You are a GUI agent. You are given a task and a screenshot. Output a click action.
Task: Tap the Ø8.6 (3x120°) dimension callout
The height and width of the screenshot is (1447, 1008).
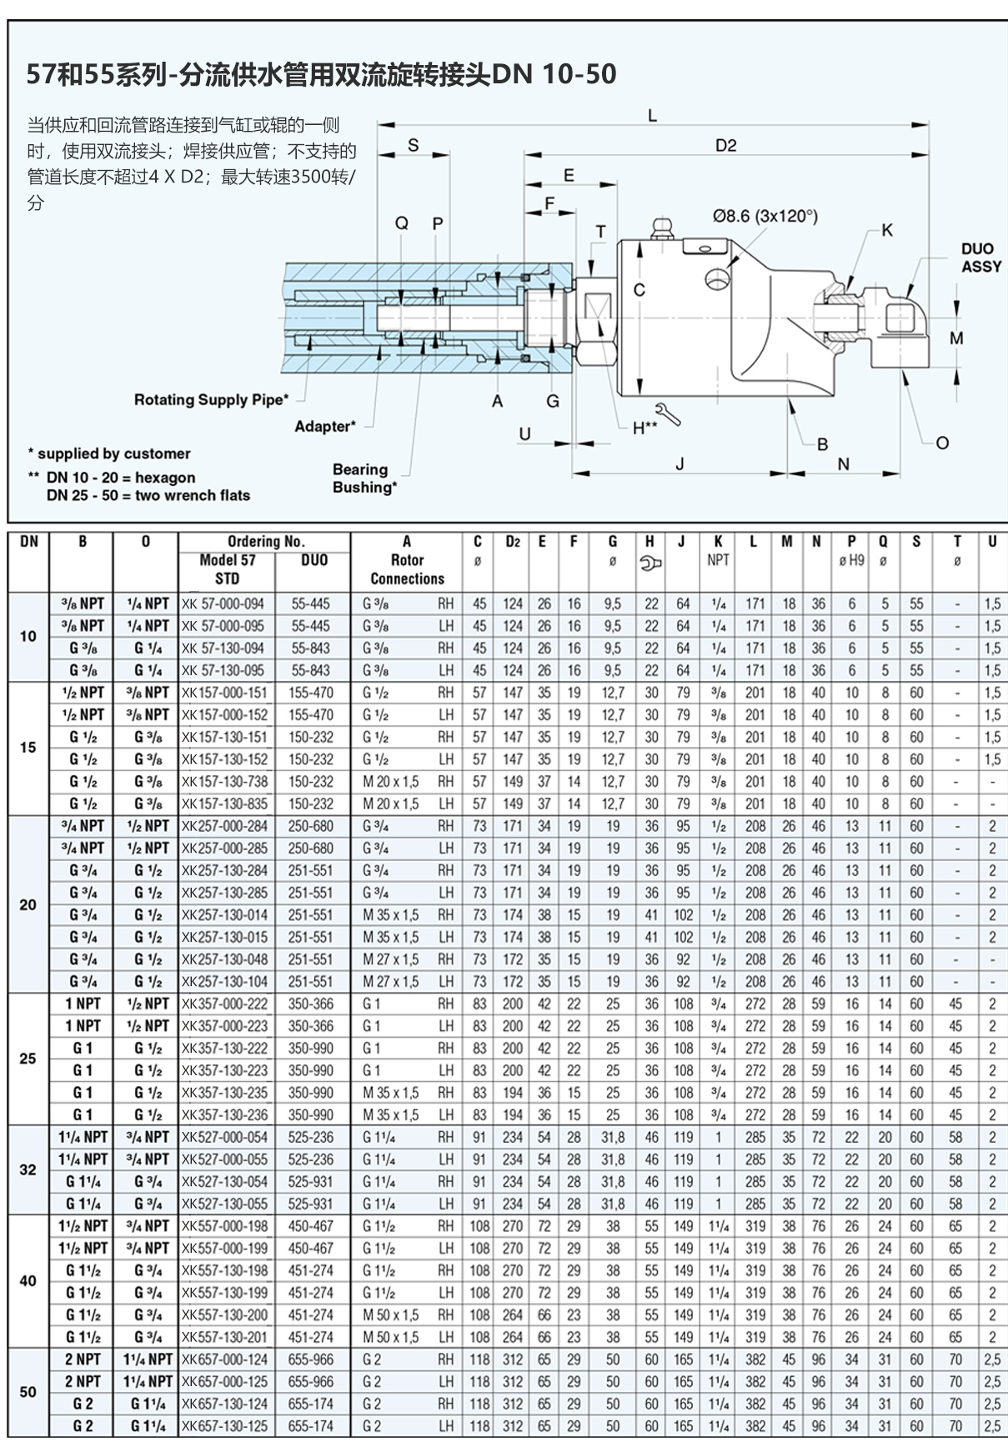tap(765, 216)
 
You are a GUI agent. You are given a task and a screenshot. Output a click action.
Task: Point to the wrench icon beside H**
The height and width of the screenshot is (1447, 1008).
tap(669, 414)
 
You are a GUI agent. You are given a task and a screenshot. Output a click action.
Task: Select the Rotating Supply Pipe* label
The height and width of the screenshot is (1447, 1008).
tap(211, 400)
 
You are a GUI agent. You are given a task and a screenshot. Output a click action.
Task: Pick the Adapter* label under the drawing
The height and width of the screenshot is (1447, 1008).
tap(325, 427)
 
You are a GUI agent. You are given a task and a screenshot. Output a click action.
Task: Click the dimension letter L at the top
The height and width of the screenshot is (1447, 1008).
tap(652, 116)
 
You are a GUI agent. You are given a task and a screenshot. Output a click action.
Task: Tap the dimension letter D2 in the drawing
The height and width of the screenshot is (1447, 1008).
tap(725, 146)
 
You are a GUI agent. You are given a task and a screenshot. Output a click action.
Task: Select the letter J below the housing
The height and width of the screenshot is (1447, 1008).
tap(680, 464)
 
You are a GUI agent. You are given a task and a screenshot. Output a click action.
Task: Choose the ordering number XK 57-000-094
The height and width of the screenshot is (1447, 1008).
tap(223, 603)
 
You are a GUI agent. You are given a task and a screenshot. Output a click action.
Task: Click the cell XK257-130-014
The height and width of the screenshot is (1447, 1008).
tap(224, 915)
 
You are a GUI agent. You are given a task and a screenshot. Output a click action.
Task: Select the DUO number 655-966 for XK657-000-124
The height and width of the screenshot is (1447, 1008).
tap(310, 1359)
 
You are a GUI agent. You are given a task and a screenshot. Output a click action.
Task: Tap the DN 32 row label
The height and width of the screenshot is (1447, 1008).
tap(28, 1169)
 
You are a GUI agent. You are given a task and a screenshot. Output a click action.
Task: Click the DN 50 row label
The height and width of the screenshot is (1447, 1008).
tap(28, 1392)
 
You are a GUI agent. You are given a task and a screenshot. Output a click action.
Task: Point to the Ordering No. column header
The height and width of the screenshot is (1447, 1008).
tap(265, 541)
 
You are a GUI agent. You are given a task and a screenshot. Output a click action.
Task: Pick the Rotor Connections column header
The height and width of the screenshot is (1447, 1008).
tap(407, 569)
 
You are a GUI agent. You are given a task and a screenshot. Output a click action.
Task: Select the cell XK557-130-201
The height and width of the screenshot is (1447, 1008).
tap(224, 1337)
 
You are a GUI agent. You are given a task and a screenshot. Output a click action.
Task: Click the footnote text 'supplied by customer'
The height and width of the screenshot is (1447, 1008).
tap(113, 453)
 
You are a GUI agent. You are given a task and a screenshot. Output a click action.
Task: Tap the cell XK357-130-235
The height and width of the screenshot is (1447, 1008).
tap(224, 1093)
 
